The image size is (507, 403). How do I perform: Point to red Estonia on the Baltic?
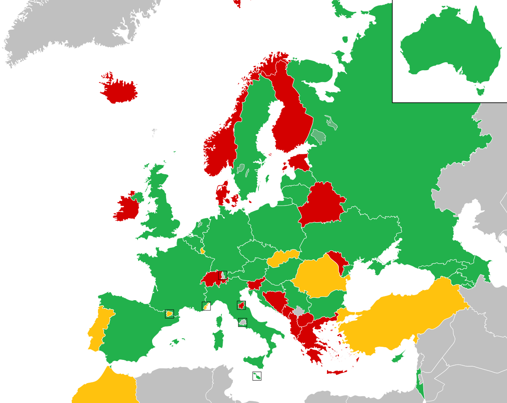[x=300, y=162]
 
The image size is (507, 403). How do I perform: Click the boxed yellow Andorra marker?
[x=169, y=314]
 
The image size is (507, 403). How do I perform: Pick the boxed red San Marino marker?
[x=241, y=305]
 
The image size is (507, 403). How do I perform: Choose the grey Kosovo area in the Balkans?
[x=299, y=312]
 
